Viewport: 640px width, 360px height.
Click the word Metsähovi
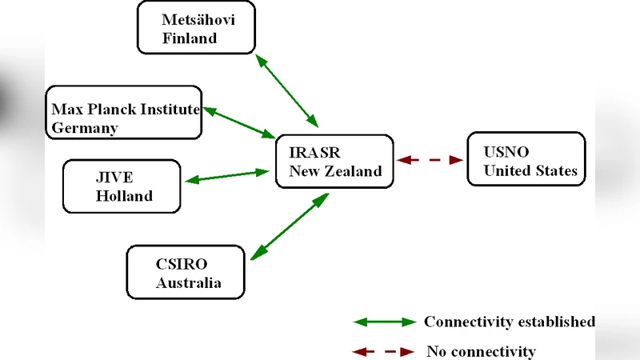pyautogui.click(x=197, y=19)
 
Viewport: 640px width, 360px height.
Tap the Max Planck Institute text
pyautogui.click(x=126, y=109)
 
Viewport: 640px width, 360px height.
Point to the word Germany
pyautogui.click(x=85, y=128)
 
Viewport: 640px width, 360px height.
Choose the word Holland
pyautogui.click(x=124, y=196)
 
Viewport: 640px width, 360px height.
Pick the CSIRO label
pyautogui.click(x=175, y=264)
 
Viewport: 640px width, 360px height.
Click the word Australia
pyautogui.click(x=188, y=283)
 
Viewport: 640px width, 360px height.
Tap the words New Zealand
pyautogui.click(x=335, y=170)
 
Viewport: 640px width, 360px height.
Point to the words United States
pyautogui.click(x=530, y=170)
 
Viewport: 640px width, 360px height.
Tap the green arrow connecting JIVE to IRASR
pyautogui.click(x=227, y=175)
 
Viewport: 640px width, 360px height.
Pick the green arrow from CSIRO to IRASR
pyautogui.click(x=290, y=226)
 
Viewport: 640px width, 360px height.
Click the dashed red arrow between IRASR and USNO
pyautogui.click(x=431, y=160)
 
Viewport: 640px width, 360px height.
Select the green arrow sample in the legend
pyautogui.click(x=385, y=322)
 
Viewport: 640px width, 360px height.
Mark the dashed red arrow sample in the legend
pyautogui.click(x=385, y=351)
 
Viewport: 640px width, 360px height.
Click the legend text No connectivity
pyautogui.click(x=481, y=351)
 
